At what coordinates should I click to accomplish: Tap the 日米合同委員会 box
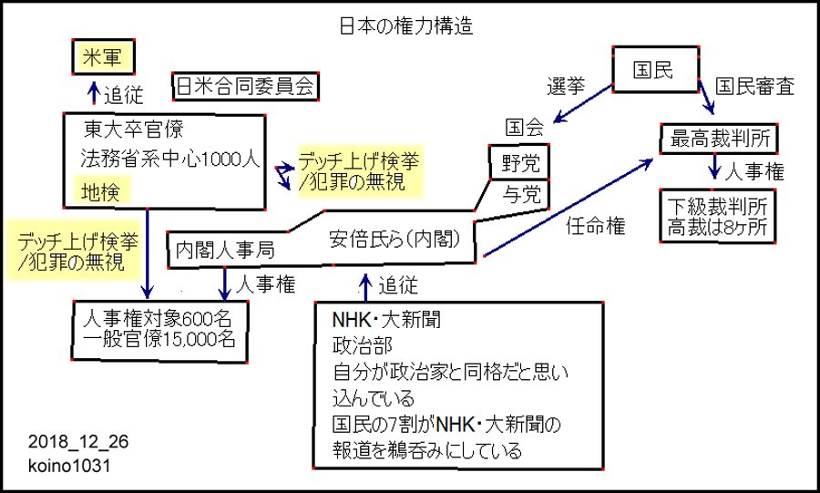(244, 86)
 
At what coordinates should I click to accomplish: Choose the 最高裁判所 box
(720, 139)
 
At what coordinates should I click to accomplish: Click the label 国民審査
(753, 87)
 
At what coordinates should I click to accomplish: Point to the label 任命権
(595, 227)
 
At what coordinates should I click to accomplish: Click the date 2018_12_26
(78, 443)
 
